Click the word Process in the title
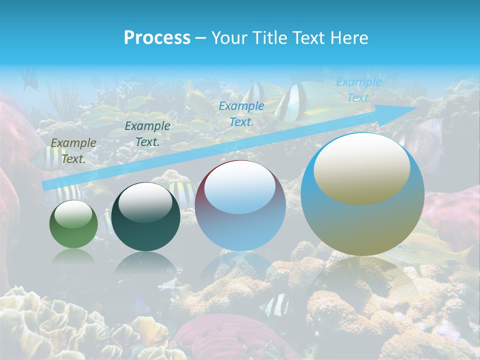point(157,38)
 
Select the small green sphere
point(73,224)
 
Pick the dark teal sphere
point(145,216)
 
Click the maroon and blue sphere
point(240,205)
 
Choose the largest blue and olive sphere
point(362,194)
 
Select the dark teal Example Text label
point(147,134)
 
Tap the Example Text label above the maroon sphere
point(241,113)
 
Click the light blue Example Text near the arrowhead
point(358,90)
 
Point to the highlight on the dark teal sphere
point(145,203)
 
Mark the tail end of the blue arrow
point(45,185)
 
